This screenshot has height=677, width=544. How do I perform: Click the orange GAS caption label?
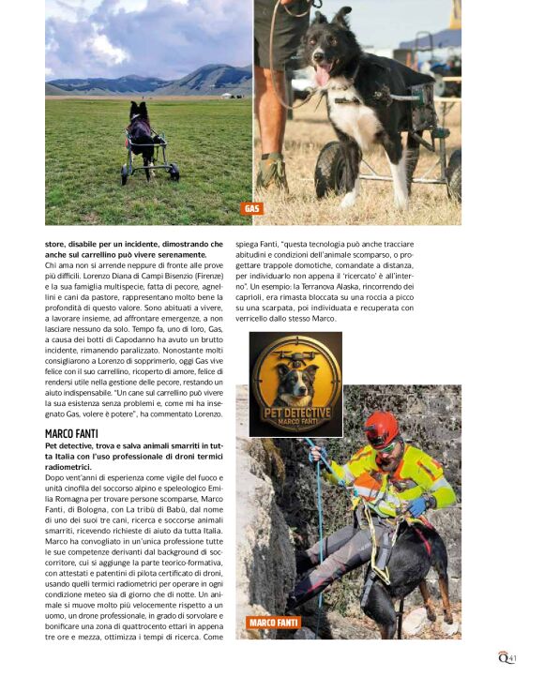252,209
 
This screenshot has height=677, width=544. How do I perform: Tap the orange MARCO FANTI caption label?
274,623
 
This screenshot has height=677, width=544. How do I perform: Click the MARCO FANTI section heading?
71,434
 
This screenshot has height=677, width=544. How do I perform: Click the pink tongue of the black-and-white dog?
322,77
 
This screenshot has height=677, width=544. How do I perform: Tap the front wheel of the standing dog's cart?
327,171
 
